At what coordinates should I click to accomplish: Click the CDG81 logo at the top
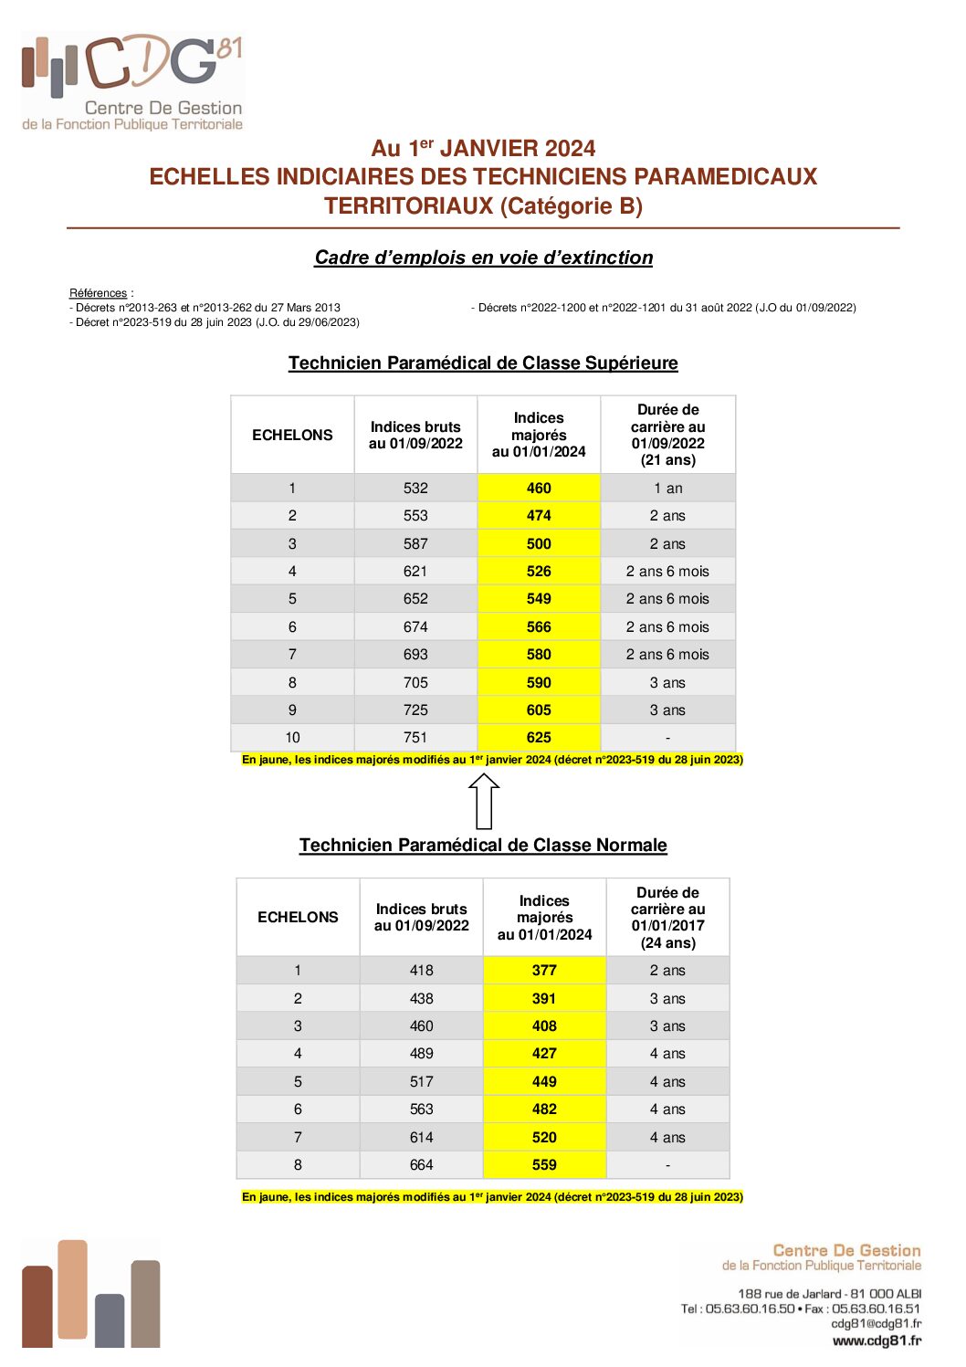click(132, 82)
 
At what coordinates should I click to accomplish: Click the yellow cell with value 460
click(539, 489)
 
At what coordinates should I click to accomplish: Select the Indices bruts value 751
click(415, 738)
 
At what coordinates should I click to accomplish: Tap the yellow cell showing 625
click(539, 738)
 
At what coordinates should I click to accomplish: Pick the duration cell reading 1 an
click(667, 489)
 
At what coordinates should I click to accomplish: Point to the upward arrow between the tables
click(484, 801)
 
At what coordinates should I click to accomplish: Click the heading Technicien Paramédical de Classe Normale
click(483, 846)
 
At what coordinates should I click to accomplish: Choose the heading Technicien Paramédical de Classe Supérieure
click(483, 363)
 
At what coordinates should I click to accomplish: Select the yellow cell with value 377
click(544, 971)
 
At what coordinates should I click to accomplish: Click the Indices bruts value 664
click(421, 1165)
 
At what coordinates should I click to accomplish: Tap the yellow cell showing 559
click(544, 1165)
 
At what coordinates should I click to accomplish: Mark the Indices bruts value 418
click(421, 971)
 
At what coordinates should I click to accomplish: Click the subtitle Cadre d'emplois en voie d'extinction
click(483, 258)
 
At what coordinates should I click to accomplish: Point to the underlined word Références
click(98, 293)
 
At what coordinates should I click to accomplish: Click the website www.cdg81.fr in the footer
click(877, 1341)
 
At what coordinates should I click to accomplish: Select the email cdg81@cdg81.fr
click(876, 1323)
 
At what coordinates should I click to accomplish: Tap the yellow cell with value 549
click(539, 599)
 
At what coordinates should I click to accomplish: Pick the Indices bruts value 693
click(415, 655)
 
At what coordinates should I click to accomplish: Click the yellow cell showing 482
click(544, 1109)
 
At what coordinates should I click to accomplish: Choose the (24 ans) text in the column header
click(667, 943)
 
